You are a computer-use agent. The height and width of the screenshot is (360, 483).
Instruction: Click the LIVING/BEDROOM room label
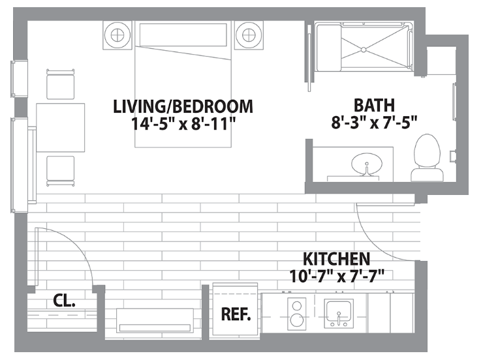click(x=183, y=106)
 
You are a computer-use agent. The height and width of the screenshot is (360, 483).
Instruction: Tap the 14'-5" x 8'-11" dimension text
click(x=183, y=124)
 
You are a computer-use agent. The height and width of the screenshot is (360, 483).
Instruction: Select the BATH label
click(x=374, y=105)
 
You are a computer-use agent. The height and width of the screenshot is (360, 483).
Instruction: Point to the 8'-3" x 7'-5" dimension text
click(x=374, y=123)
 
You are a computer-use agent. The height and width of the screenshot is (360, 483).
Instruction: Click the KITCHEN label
click(x=336, y=259)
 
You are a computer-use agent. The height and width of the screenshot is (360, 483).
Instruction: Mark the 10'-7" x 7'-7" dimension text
click(x=337, y=276)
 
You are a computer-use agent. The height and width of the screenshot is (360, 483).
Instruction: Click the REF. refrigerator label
click(x=236, y=314)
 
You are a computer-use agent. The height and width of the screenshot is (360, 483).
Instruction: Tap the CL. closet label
click(x=64, y=300)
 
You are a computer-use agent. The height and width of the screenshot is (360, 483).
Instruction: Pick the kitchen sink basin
click(x=339, y=313)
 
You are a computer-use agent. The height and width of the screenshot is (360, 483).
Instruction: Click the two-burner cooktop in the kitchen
click(x=296, y=314)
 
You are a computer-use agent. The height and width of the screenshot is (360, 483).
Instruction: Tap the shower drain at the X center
click(x=364, y=49)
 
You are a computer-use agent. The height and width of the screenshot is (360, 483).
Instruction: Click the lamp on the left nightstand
click(x=117, y=35)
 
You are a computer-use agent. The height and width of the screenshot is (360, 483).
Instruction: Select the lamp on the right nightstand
click(x=249, y=35)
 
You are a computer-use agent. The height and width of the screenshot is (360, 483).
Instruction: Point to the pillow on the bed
click(x=183, y=35)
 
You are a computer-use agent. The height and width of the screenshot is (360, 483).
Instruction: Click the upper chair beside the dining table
click(x=60, y=84)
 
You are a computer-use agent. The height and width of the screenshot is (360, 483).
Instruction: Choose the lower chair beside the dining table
click(x=60, y=171)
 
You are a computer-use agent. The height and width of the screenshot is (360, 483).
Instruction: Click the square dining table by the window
click(x=60, y=127)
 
